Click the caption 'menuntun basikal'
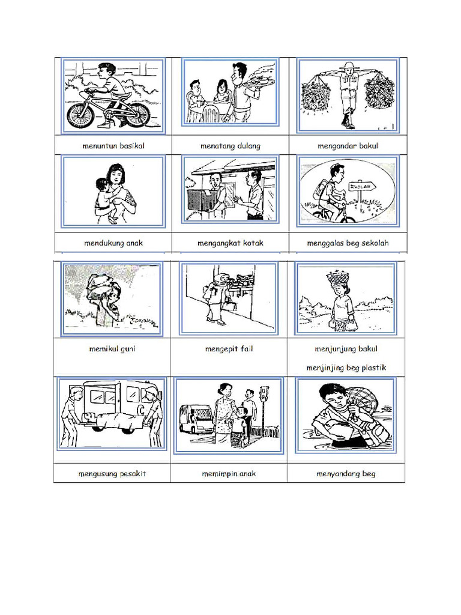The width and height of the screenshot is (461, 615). tap(113, 146)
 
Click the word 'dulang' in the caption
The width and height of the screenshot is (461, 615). tap(249, 146)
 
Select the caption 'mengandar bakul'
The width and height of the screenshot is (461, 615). tap(346, 146)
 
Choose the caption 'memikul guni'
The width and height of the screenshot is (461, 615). tap(112, 349)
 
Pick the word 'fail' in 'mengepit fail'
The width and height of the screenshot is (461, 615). tap(246, 349)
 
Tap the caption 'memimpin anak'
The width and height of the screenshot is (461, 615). tap(229, 474)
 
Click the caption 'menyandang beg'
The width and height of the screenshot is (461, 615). tap(346, 474)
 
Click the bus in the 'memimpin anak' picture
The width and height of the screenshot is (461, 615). tap(196, 419)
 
